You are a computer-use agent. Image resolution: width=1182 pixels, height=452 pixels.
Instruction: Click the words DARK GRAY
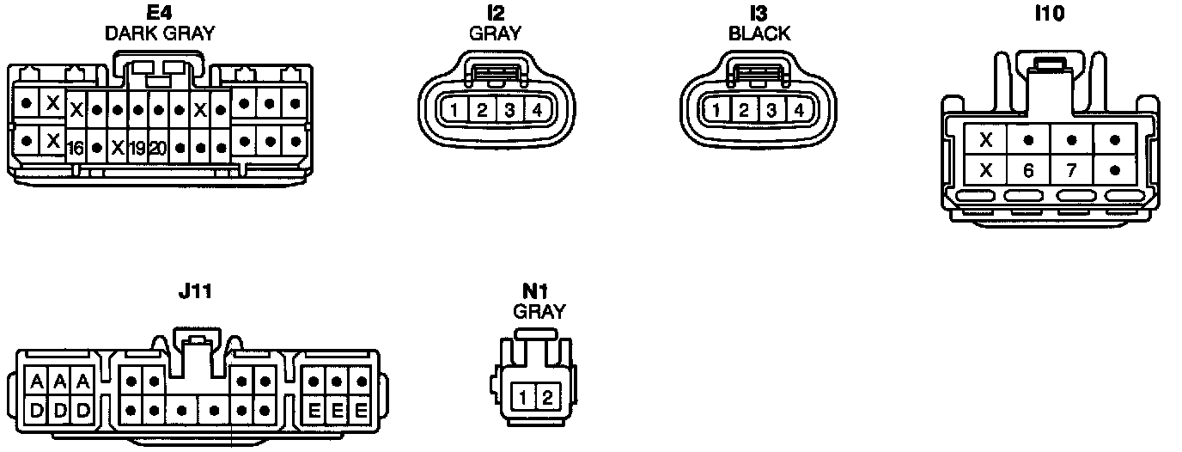pyautogui.click(x=159, y=34)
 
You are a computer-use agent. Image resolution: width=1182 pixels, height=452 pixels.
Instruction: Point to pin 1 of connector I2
pyautogui.click(x=454, y=110)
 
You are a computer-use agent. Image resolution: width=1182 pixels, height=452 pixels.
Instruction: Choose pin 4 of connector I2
pyautogui.click(x=537, y=110)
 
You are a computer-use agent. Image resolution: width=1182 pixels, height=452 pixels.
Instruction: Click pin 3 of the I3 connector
pyautogui.click(x=772, y=110)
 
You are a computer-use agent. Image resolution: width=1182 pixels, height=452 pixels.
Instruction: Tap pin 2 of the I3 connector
pyautogui.click(x=745, y=110)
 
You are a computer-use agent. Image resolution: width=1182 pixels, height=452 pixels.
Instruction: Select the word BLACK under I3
pyautogui.click(x=759, y=34)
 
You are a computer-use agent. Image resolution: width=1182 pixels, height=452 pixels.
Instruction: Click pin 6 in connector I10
pyautogui.click(x=1028, y=170)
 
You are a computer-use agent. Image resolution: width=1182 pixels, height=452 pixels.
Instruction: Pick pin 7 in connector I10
pyautogui.click(x=1071, y=170)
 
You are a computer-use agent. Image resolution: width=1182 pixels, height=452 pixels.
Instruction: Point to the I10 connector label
pyautogui.click(x=1050, y=15)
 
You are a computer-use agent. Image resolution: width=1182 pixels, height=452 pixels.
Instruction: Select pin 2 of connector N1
pyautogui.click(x=548, y=397)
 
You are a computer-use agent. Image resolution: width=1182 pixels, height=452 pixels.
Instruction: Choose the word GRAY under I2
pyautogui.click(x=496, y=34)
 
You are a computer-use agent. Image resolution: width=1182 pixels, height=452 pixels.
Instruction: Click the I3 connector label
pyautogui.click(x=759, y=15)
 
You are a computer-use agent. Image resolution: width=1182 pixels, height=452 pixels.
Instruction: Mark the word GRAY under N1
pyautogui.click(x=539, y=312)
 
